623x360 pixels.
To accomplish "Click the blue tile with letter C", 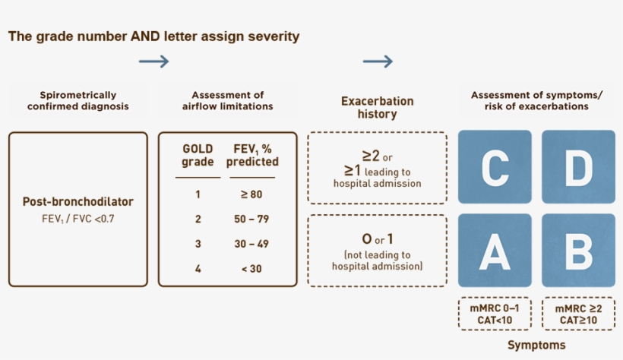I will (x=494, y=167).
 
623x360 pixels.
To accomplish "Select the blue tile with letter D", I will (x=578, y=167).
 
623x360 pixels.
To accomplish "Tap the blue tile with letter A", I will (x=494, y=250).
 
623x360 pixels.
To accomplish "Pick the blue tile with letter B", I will (x=578, y=250).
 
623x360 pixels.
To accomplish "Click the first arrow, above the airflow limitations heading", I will (x=154, y=62).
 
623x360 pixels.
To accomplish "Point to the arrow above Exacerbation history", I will (x=378, y=62).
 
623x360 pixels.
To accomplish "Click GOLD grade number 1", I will (x=198, y=194).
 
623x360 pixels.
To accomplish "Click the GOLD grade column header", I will (x=198, y=155).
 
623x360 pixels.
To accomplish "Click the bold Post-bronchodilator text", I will (x=78, y=202).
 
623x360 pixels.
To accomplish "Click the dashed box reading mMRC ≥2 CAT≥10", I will (x=579, y=314).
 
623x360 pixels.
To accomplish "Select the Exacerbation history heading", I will (x=377, y=107).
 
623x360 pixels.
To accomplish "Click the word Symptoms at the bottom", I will (x=536, y=345).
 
